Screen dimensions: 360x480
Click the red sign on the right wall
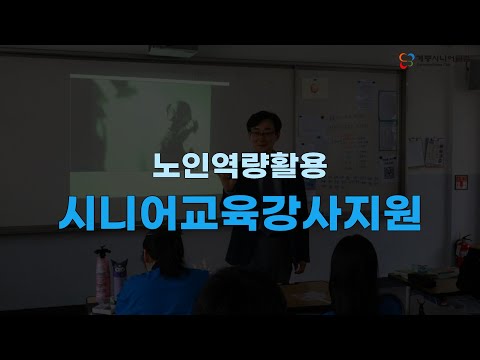pyautogui.click(x=462, y=182)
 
